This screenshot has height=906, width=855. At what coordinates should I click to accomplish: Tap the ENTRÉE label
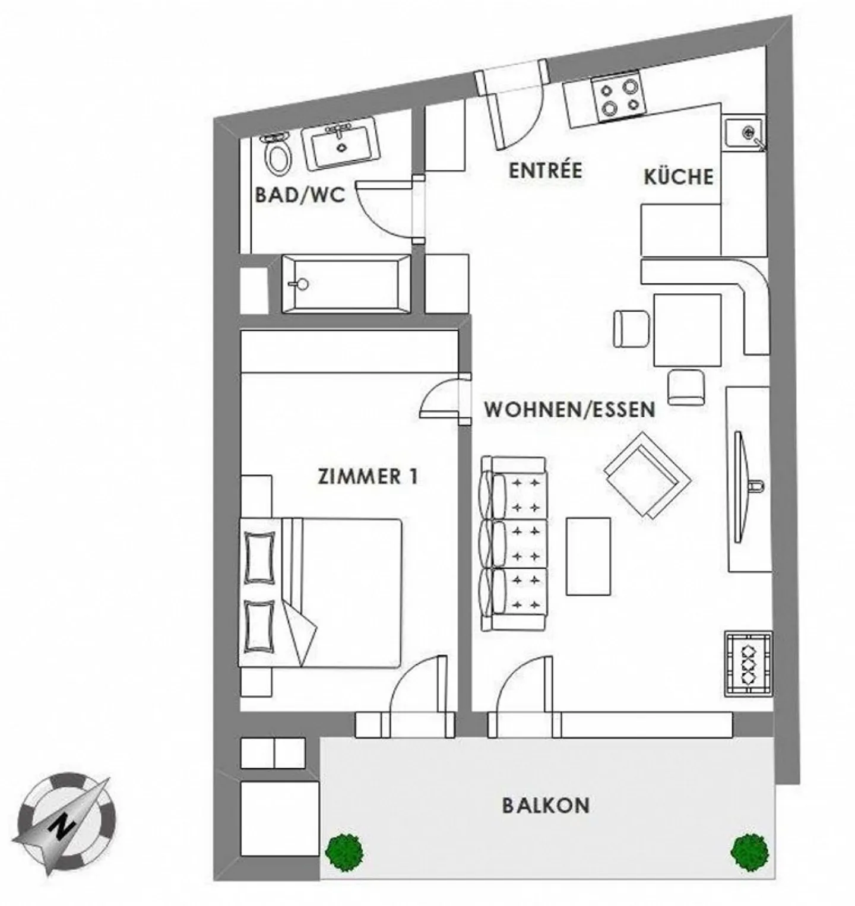tap(545, 170)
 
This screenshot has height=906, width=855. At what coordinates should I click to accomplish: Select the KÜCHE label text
tap(678, 176)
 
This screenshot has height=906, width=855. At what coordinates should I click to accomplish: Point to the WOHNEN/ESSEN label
tap(569, 410)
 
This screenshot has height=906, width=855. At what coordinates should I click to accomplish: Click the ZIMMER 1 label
tap(368, 477)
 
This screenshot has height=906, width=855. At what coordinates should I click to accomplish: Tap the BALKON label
tap(546, 806)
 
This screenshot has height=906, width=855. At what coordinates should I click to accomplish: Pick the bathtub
tap(346, 283)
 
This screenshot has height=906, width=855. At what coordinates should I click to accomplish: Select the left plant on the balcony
tap(344, 850)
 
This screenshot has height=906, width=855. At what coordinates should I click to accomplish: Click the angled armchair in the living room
tap(647, 474)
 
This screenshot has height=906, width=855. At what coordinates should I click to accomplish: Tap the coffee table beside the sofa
tap(588, 556)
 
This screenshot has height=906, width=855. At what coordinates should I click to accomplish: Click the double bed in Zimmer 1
tap(321, 593)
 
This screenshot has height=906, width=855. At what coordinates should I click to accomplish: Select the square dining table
tap(688, 330)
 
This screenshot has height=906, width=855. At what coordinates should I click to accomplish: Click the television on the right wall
tap(739, 487)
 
